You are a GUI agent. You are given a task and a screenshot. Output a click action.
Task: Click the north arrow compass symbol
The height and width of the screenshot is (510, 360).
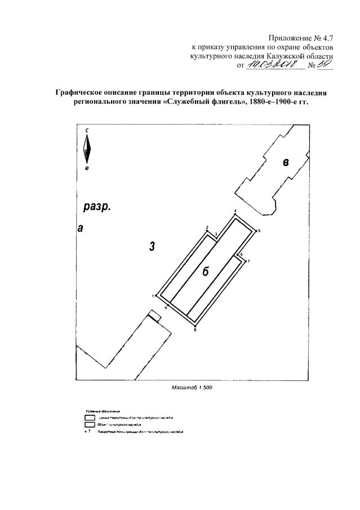click(87, 149)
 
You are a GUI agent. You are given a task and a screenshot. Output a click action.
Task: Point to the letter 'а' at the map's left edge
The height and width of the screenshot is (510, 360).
click(80, 228)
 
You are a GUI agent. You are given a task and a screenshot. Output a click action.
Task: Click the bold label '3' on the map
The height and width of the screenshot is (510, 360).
click(152, 246)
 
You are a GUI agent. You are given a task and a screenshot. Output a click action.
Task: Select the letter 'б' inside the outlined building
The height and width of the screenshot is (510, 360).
click(206, 272)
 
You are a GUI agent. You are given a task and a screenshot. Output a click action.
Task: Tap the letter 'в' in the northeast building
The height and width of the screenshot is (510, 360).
click(286, 163)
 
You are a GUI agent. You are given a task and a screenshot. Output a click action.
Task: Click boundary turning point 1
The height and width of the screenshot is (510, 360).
click(156, 295)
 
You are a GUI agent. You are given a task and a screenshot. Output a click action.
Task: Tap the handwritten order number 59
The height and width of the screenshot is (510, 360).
click(325, 65)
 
